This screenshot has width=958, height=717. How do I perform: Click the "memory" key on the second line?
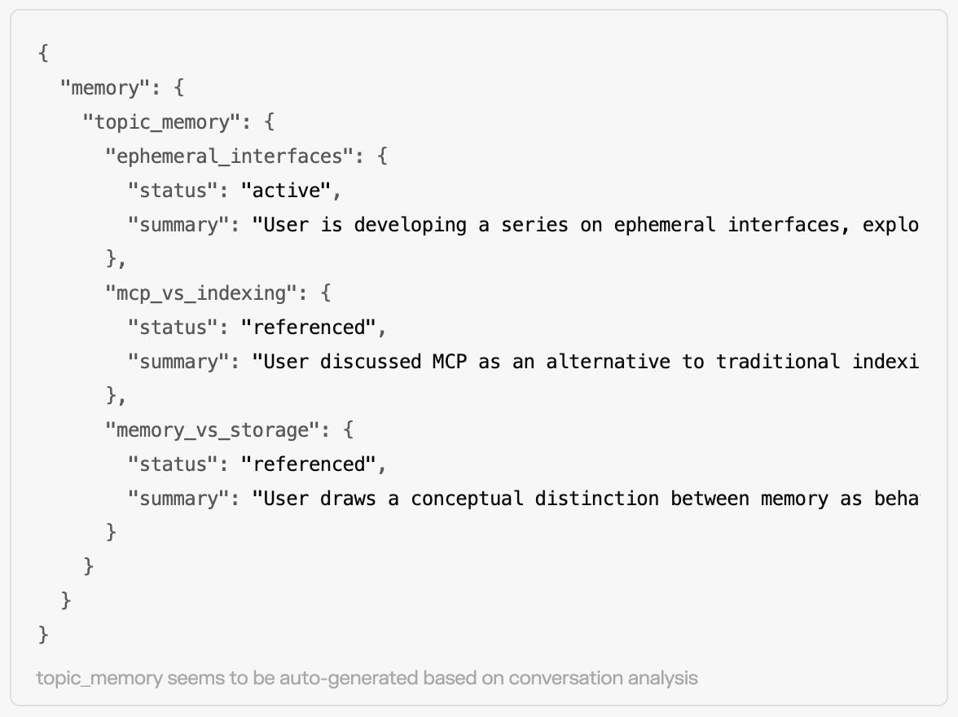tap(104, 87)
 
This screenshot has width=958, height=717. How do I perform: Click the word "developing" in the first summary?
tap(410, 225)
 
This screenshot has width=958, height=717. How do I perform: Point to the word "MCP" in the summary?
tap(450, 362)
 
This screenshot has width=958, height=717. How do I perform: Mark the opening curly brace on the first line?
tap(43, 54)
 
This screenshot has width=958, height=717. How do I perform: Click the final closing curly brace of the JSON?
tap(43, 635)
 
